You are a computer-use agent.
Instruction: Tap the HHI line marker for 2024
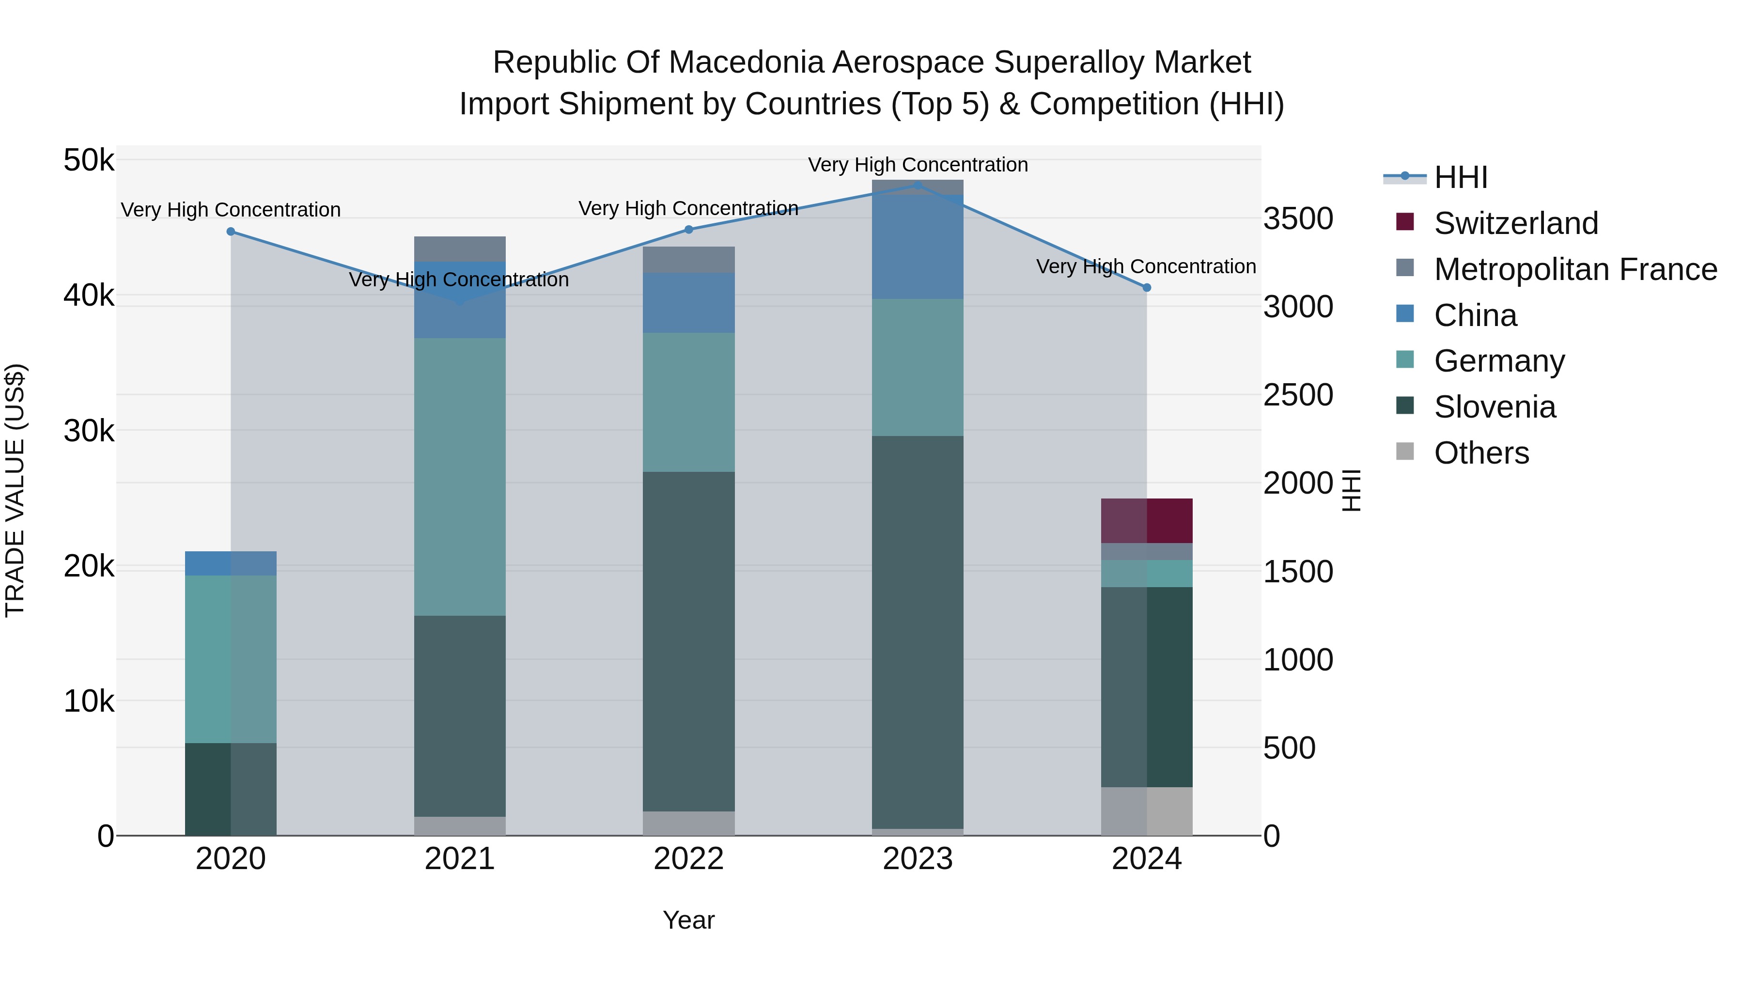coord(1146,288)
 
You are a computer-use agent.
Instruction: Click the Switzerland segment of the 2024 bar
coord(1146,521)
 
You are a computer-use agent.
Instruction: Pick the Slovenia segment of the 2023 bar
coord(918,632)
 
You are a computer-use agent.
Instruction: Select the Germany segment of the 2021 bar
coord(460,477)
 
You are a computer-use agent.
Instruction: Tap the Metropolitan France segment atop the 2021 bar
coord(460,249)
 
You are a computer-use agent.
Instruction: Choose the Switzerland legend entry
coord(1515,223)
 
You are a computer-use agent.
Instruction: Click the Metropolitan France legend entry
coord(1575,269)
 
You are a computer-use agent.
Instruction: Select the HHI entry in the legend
coord(1460,177)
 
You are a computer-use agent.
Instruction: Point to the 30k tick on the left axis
coord(89,431)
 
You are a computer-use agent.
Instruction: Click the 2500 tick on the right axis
coord(1298,395)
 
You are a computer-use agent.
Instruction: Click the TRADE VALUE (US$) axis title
coord(15,490)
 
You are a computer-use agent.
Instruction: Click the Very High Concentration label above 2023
coord(918,165)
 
